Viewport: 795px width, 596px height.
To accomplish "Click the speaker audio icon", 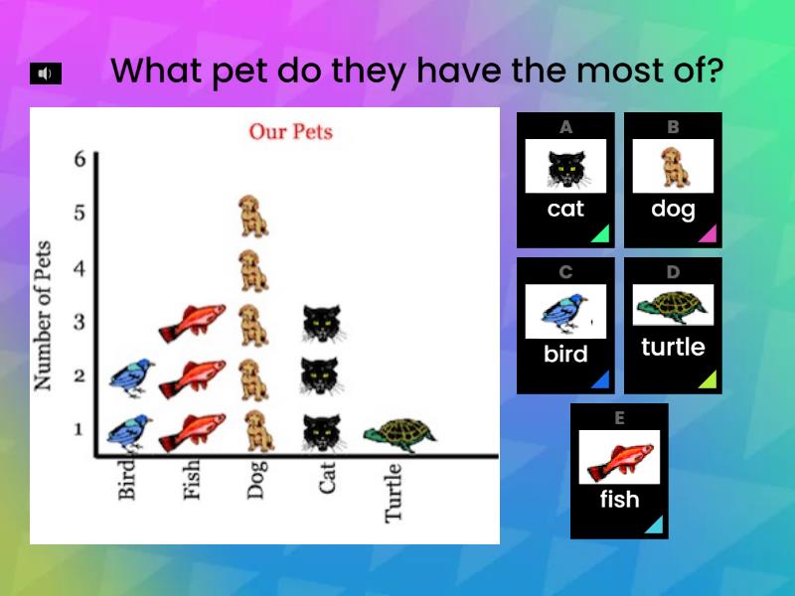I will (46, 74).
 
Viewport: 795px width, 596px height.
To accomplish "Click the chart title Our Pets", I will (290, 131).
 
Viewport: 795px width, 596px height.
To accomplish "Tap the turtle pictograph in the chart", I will (399, 433).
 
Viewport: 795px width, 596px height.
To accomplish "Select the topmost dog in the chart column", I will (253, 216).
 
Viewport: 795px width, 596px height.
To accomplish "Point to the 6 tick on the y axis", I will (79, 159).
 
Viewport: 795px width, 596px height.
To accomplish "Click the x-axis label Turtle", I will (394, 492).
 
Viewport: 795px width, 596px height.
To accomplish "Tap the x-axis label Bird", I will (126, 479).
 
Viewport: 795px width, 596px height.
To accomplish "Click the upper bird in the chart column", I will (130, 376).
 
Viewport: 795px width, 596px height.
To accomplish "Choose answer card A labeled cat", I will (565, 180).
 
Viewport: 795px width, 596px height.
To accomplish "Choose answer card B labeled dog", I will (673, 180).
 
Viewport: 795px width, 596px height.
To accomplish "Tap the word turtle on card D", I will (673, 348).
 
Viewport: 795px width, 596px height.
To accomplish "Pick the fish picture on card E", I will (618, 457).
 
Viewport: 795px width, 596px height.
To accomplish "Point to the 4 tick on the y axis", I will (79, 267).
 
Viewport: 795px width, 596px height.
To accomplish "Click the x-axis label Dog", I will (257, 479).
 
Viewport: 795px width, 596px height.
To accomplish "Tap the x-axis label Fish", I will (192, 479).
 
